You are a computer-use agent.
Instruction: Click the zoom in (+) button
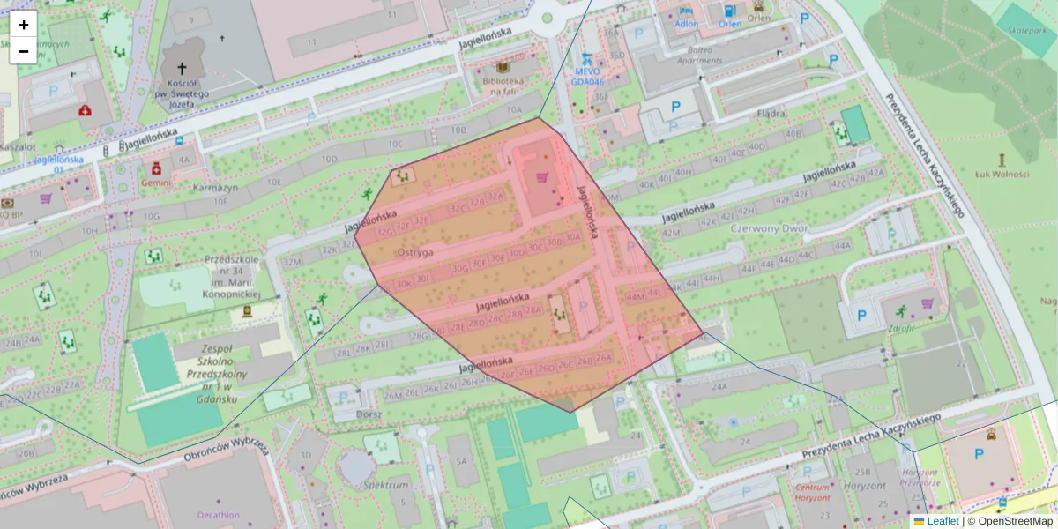tap(24, 25)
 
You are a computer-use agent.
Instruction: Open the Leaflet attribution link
tap(942, 521)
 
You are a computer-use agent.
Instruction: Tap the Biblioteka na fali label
tap(503, 86)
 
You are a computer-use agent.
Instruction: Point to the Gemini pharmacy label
tap(156, 183)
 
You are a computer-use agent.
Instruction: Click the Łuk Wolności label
tap(1002, 174)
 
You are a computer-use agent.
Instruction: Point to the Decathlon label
tap(218, 515)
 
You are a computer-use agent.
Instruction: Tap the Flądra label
tap(771, 114)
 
